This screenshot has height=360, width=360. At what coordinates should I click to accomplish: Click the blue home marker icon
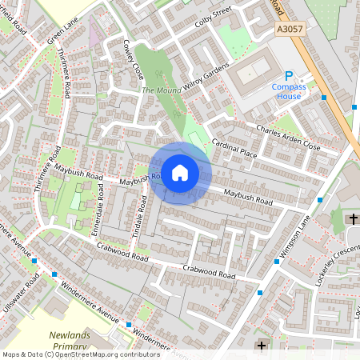(180, 173)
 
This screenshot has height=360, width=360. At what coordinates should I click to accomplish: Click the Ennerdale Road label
(101, 201)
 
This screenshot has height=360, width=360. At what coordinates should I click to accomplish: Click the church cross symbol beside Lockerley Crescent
(353, 218)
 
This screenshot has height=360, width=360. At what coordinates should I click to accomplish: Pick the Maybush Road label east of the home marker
(248, 197)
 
